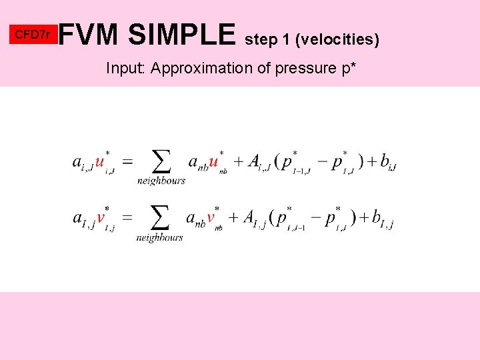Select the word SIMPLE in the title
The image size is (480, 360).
point(182,35)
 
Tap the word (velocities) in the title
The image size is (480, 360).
point(340,40)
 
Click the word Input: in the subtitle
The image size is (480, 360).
point(127,68)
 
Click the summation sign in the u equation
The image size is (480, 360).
point(161,161)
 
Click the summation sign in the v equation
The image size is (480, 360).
point(160,217)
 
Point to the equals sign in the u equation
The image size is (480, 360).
point(127,162)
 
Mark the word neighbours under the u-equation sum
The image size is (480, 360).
point(161,181)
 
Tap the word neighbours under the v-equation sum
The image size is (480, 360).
point(160,237)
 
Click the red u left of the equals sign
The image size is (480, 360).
point(100,162)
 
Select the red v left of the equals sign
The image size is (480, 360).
point(101,218)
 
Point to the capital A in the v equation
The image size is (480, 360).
point(249,217)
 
